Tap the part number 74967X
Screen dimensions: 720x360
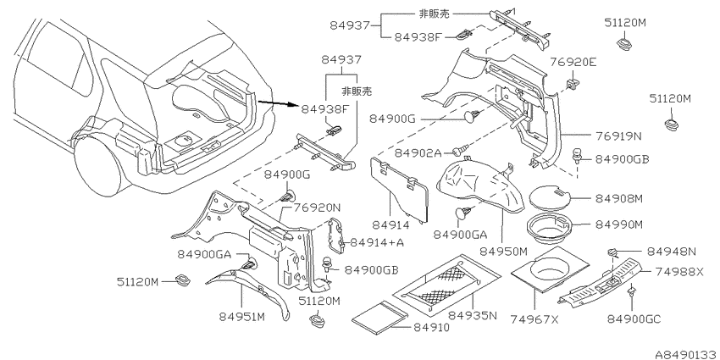534,319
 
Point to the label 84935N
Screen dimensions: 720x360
472,315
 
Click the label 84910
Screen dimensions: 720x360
431,327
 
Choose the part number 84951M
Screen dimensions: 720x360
241,317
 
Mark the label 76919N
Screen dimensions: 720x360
619,136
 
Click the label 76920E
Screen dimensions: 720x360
573,62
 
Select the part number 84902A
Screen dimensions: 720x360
418,152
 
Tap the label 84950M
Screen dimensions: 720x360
504,252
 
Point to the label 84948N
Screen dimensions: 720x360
672,252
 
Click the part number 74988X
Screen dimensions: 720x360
678,272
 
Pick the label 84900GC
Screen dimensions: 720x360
634,319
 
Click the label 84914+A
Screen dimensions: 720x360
377,242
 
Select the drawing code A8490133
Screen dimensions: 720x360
687,354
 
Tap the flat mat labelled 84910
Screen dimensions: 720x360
379,318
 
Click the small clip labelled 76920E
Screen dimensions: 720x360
572,84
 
